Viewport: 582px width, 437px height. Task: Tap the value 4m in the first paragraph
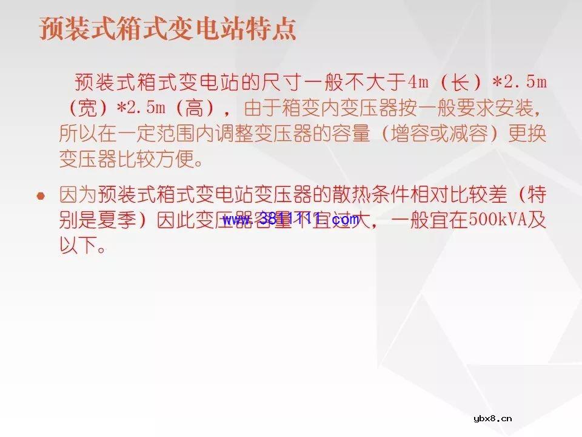pos(418,82)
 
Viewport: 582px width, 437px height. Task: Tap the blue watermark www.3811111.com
pos(291,220)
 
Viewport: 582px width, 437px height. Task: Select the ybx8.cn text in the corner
pos(492,418)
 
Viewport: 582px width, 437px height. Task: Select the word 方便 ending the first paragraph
pos(184,160)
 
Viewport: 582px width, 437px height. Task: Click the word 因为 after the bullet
pos(73,195)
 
